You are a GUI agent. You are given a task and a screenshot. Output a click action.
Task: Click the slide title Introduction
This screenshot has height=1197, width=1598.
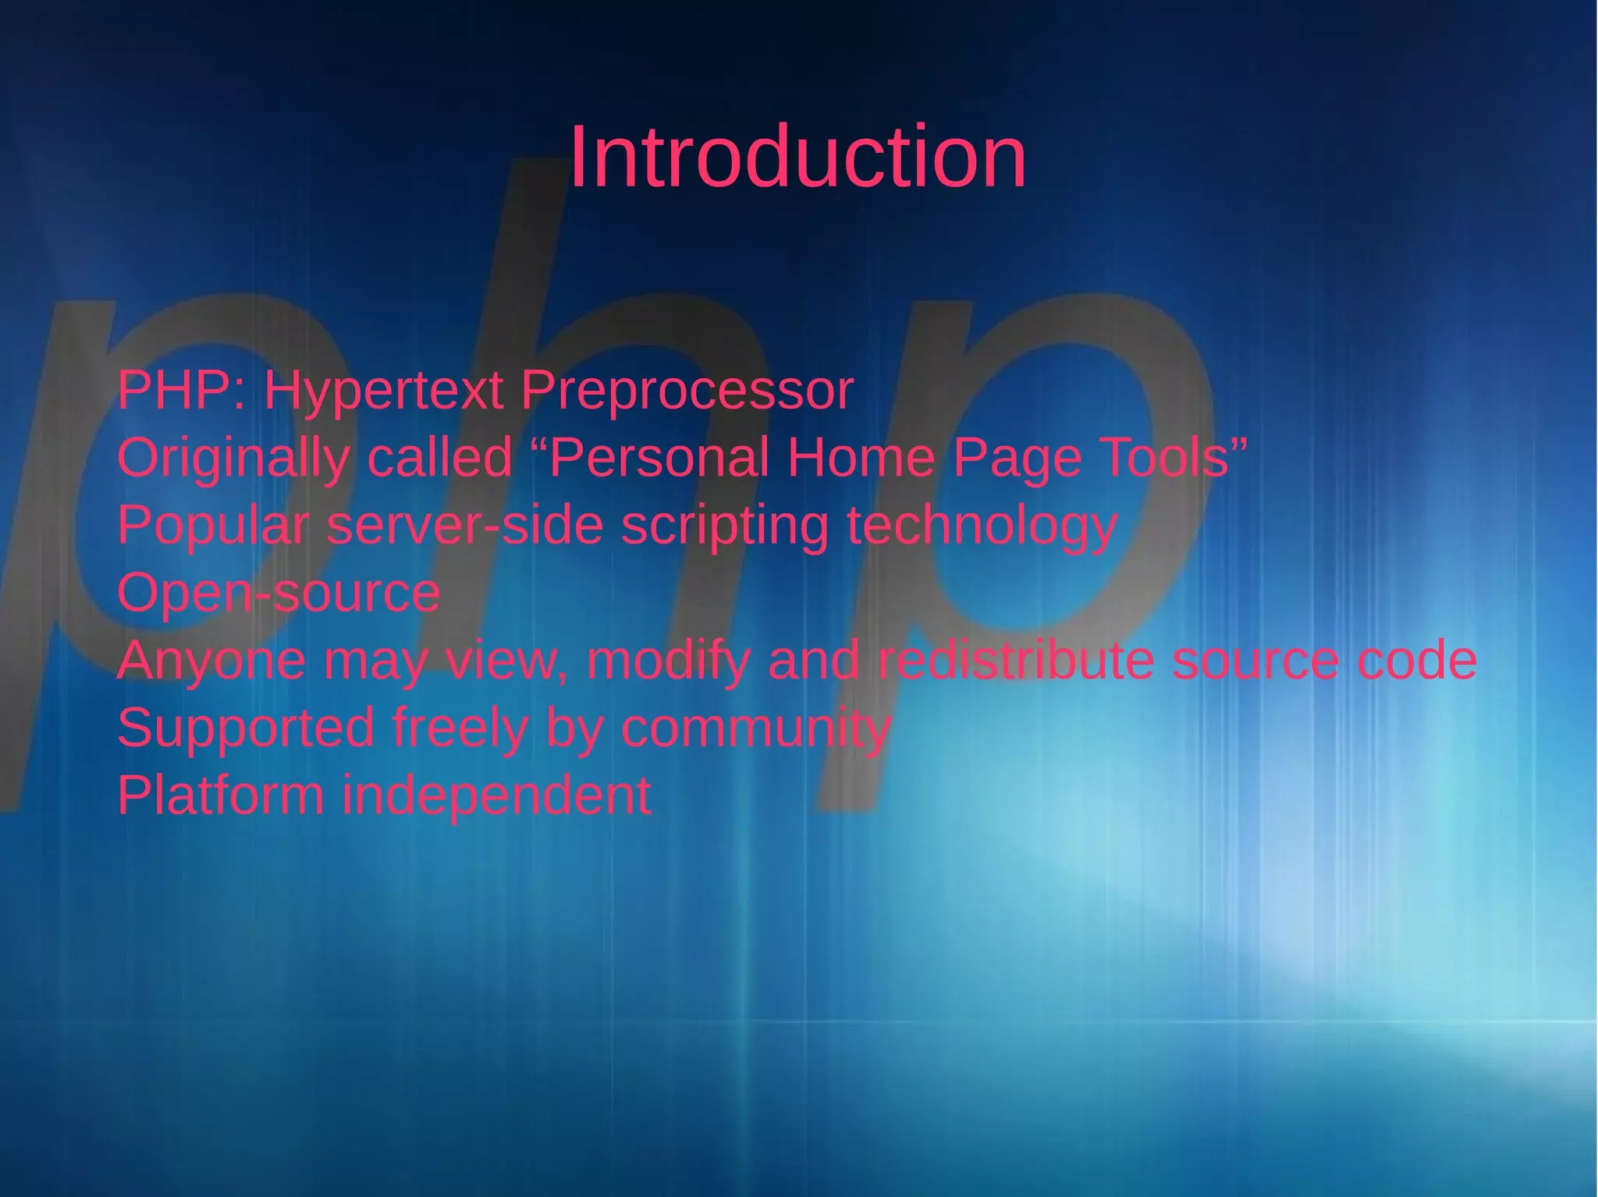pos(797,158)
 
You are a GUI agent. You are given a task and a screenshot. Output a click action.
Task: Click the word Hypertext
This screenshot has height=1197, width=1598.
pos(382,391)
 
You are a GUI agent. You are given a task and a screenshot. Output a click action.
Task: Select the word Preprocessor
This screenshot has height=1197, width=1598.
pos(687,391)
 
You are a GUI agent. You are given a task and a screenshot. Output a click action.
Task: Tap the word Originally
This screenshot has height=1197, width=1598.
pos(233,459)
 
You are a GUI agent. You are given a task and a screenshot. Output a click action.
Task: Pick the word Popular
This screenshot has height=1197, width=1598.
pos(213,526)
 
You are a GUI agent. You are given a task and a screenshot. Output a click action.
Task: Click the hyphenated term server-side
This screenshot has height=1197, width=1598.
pos(464,526)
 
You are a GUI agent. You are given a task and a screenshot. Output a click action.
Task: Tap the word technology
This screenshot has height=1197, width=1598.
pos(982,527)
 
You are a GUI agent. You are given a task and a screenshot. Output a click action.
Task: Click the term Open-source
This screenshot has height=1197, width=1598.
pos(279,593)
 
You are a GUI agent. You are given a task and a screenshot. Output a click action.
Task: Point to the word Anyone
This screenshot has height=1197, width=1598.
pos(211,661)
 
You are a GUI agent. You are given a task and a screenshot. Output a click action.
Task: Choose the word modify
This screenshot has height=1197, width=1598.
pos(668,661)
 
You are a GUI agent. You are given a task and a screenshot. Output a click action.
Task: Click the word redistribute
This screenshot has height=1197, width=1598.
pos(1015,660)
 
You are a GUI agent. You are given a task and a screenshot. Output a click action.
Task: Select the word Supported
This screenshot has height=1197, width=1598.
pos(245,729)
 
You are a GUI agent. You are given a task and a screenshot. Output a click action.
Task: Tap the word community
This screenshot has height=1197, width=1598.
pos(755,729)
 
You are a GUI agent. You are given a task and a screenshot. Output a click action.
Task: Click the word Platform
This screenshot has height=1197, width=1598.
pos(220,795)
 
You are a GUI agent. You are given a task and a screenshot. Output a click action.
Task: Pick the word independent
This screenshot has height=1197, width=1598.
pos(496,795)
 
